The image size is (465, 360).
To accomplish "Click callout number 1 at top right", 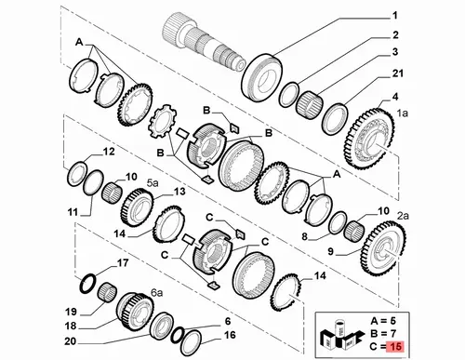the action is [x=395, y=16].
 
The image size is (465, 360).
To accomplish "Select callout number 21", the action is [x=398, y=73].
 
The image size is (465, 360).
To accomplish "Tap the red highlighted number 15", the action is [x=395, y=346].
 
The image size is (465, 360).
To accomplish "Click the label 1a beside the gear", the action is [x=403, y=113].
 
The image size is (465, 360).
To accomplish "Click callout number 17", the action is [x=123, y=263].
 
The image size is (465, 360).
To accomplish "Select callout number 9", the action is [x=330, y=251].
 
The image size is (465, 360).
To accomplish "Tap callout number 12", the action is [x=109, y=152].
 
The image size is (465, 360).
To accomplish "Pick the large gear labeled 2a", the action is [x=383, y=247].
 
